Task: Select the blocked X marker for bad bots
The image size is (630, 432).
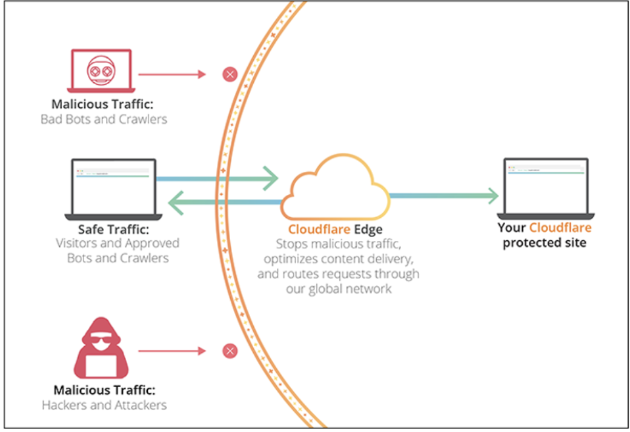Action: [230, 74]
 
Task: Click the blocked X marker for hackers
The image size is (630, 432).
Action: [230, 351]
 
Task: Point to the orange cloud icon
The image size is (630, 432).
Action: [334, 188]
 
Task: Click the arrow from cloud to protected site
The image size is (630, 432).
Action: [442, 195]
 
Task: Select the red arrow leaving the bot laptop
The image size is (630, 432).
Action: [172, 74]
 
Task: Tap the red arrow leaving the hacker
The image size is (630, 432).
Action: [172, 351]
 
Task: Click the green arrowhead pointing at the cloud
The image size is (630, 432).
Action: [270, 178]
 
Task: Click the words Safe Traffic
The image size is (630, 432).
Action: [113, 230]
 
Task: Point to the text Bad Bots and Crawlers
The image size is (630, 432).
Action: [104, 119]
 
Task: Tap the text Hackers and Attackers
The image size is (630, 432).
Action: [104, 405]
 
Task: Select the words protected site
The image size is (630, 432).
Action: [544, 243]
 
